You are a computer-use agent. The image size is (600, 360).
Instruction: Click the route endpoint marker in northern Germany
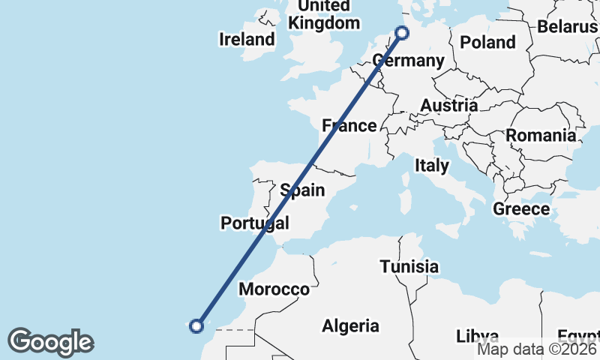point(402,33)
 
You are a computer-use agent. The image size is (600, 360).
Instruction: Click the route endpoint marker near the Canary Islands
point(196,325)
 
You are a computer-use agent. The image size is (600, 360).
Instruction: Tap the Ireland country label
point(247,39)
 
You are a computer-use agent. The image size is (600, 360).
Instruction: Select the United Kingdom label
point(324,14)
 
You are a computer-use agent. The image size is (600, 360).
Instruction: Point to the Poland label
point(487,42)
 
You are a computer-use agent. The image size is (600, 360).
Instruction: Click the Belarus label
point(567,27)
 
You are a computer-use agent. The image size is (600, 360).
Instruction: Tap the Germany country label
point(408,61)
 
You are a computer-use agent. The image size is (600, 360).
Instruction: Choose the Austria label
point(448,105)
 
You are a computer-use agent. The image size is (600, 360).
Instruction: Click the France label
point(349,125)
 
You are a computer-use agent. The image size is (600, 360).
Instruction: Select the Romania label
point(541,136)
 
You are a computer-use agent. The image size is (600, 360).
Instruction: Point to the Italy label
point(432,165)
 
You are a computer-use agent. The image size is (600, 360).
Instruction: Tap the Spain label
point(302,190)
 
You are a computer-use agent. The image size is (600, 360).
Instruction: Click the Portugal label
point(254,223)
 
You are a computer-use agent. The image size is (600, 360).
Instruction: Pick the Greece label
point(521,208)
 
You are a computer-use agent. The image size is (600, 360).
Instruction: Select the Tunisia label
point(409,266)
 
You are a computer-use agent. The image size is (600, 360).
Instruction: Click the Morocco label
point(274,289)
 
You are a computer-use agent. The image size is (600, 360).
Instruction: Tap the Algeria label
point(350,325)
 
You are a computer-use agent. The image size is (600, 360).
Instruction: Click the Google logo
point(50,342)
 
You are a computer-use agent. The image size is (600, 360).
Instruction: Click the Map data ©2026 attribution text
point(537,349)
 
